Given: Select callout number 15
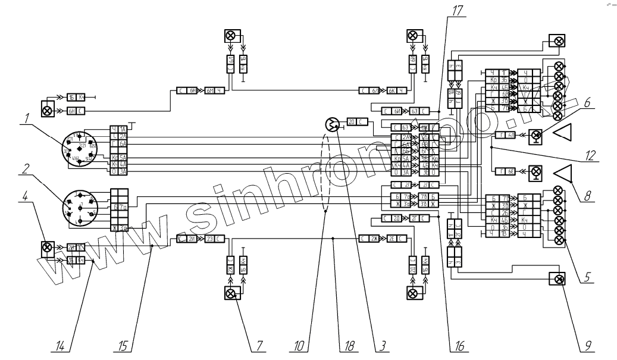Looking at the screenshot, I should [124, 346].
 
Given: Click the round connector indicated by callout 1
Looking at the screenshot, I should [77, 151].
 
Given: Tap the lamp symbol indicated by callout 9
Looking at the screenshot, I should [558, 279].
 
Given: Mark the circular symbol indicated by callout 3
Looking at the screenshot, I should [331, 124].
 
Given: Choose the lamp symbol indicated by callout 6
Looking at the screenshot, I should [536, 136].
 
